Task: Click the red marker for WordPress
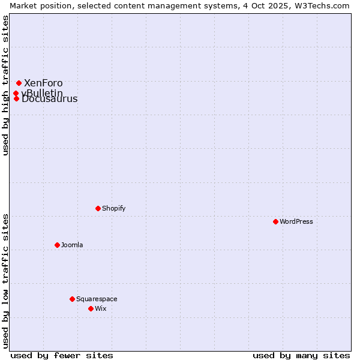275,221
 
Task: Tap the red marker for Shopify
98,208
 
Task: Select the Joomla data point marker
57,245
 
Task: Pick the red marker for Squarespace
72,299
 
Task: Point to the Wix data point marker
91,308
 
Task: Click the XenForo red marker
19,83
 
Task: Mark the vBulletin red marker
16,93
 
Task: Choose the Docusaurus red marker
16,98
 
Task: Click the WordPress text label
296,221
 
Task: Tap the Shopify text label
114,208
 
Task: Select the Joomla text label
72,245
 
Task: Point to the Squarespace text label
97,299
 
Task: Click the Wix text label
101,308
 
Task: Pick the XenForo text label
43,83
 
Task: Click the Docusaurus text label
50,100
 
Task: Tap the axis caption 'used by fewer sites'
62,355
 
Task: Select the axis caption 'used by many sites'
301,355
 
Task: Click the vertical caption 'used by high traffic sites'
5,85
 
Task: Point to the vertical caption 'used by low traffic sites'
5,281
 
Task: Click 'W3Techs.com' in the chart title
320,5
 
